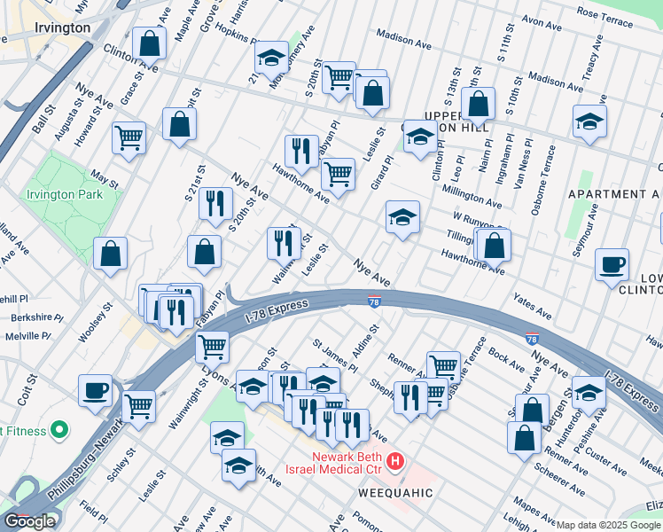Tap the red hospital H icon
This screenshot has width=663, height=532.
[396, 462]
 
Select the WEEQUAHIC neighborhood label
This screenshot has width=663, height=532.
[395, 492]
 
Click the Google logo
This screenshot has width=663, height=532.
[29, 521]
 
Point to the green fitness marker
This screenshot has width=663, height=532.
[59, 431]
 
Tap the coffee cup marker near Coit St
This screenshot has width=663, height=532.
[95, 390]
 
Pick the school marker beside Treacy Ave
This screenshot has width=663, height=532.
[589, 121]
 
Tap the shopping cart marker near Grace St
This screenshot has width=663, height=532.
[129, 138]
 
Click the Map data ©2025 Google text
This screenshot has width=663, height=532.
[609, 525]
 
